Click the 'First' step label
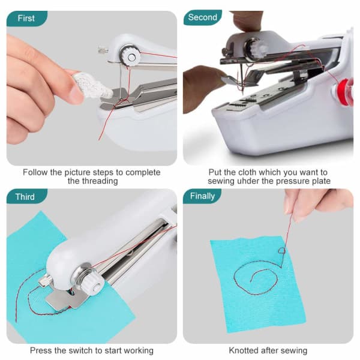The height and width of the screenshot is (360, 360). click(26, 18)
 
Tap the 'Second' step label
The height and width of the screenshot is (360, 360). click(203, 17)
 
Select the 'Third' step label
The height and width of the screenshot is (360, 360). click(25, 197)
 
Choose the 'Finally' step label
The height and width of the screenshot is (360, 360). click(202, 196)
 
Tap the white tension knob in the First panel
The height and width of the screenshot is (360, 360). click(130, 56)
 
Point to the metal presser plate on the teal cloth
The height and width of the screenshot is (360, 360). click(65, 299)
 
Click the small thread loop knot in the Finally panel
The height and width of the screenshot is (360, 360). click(282, 250)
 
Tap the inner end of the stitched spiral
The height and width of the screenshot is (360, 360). click(251, 281)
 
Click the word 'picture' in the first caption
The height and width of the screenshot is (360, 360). click(78, 172)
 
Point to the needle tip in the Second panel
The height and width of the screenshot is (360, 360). click(242, 94)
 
